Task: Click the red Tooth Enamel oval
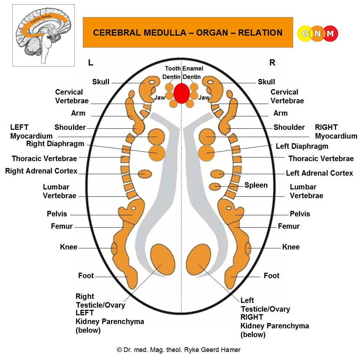click(x=181, y=93)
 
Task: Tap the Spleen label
click(x=256, y=185)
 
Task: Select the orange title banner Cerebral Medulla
click(x=188, y=33)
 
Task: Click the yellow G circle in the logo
click(x=305, y=34)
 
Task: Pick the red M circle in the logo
click(x=330, y=34)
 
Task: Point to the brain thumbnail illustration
click(x=43, y=35)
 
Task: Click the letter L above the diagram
click(x=91, y=63)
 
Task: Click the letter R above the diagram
click(x=272, y=63)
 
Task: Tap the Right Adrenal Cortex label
click(x=41, y=171)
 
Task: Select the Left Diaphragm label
click(x=302, y=146)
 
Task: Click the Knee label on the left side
click(x=69, y=247)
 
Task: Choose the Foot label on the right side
click(x=271, y=276)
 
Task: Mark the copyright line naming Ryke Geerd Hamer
click(x=179, y=350)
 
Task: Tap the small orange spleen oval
click(x=217, y=186)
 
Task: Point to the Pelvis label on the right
click(x=300, y=214)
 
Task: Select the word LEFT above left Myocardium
click(x=19, y=127)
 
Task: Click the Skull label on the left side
click(x=101, y=82)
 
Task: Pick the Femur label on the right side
click(x=288, y=226)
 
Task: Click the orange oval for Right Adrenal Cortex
click(x=145, y=173)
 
